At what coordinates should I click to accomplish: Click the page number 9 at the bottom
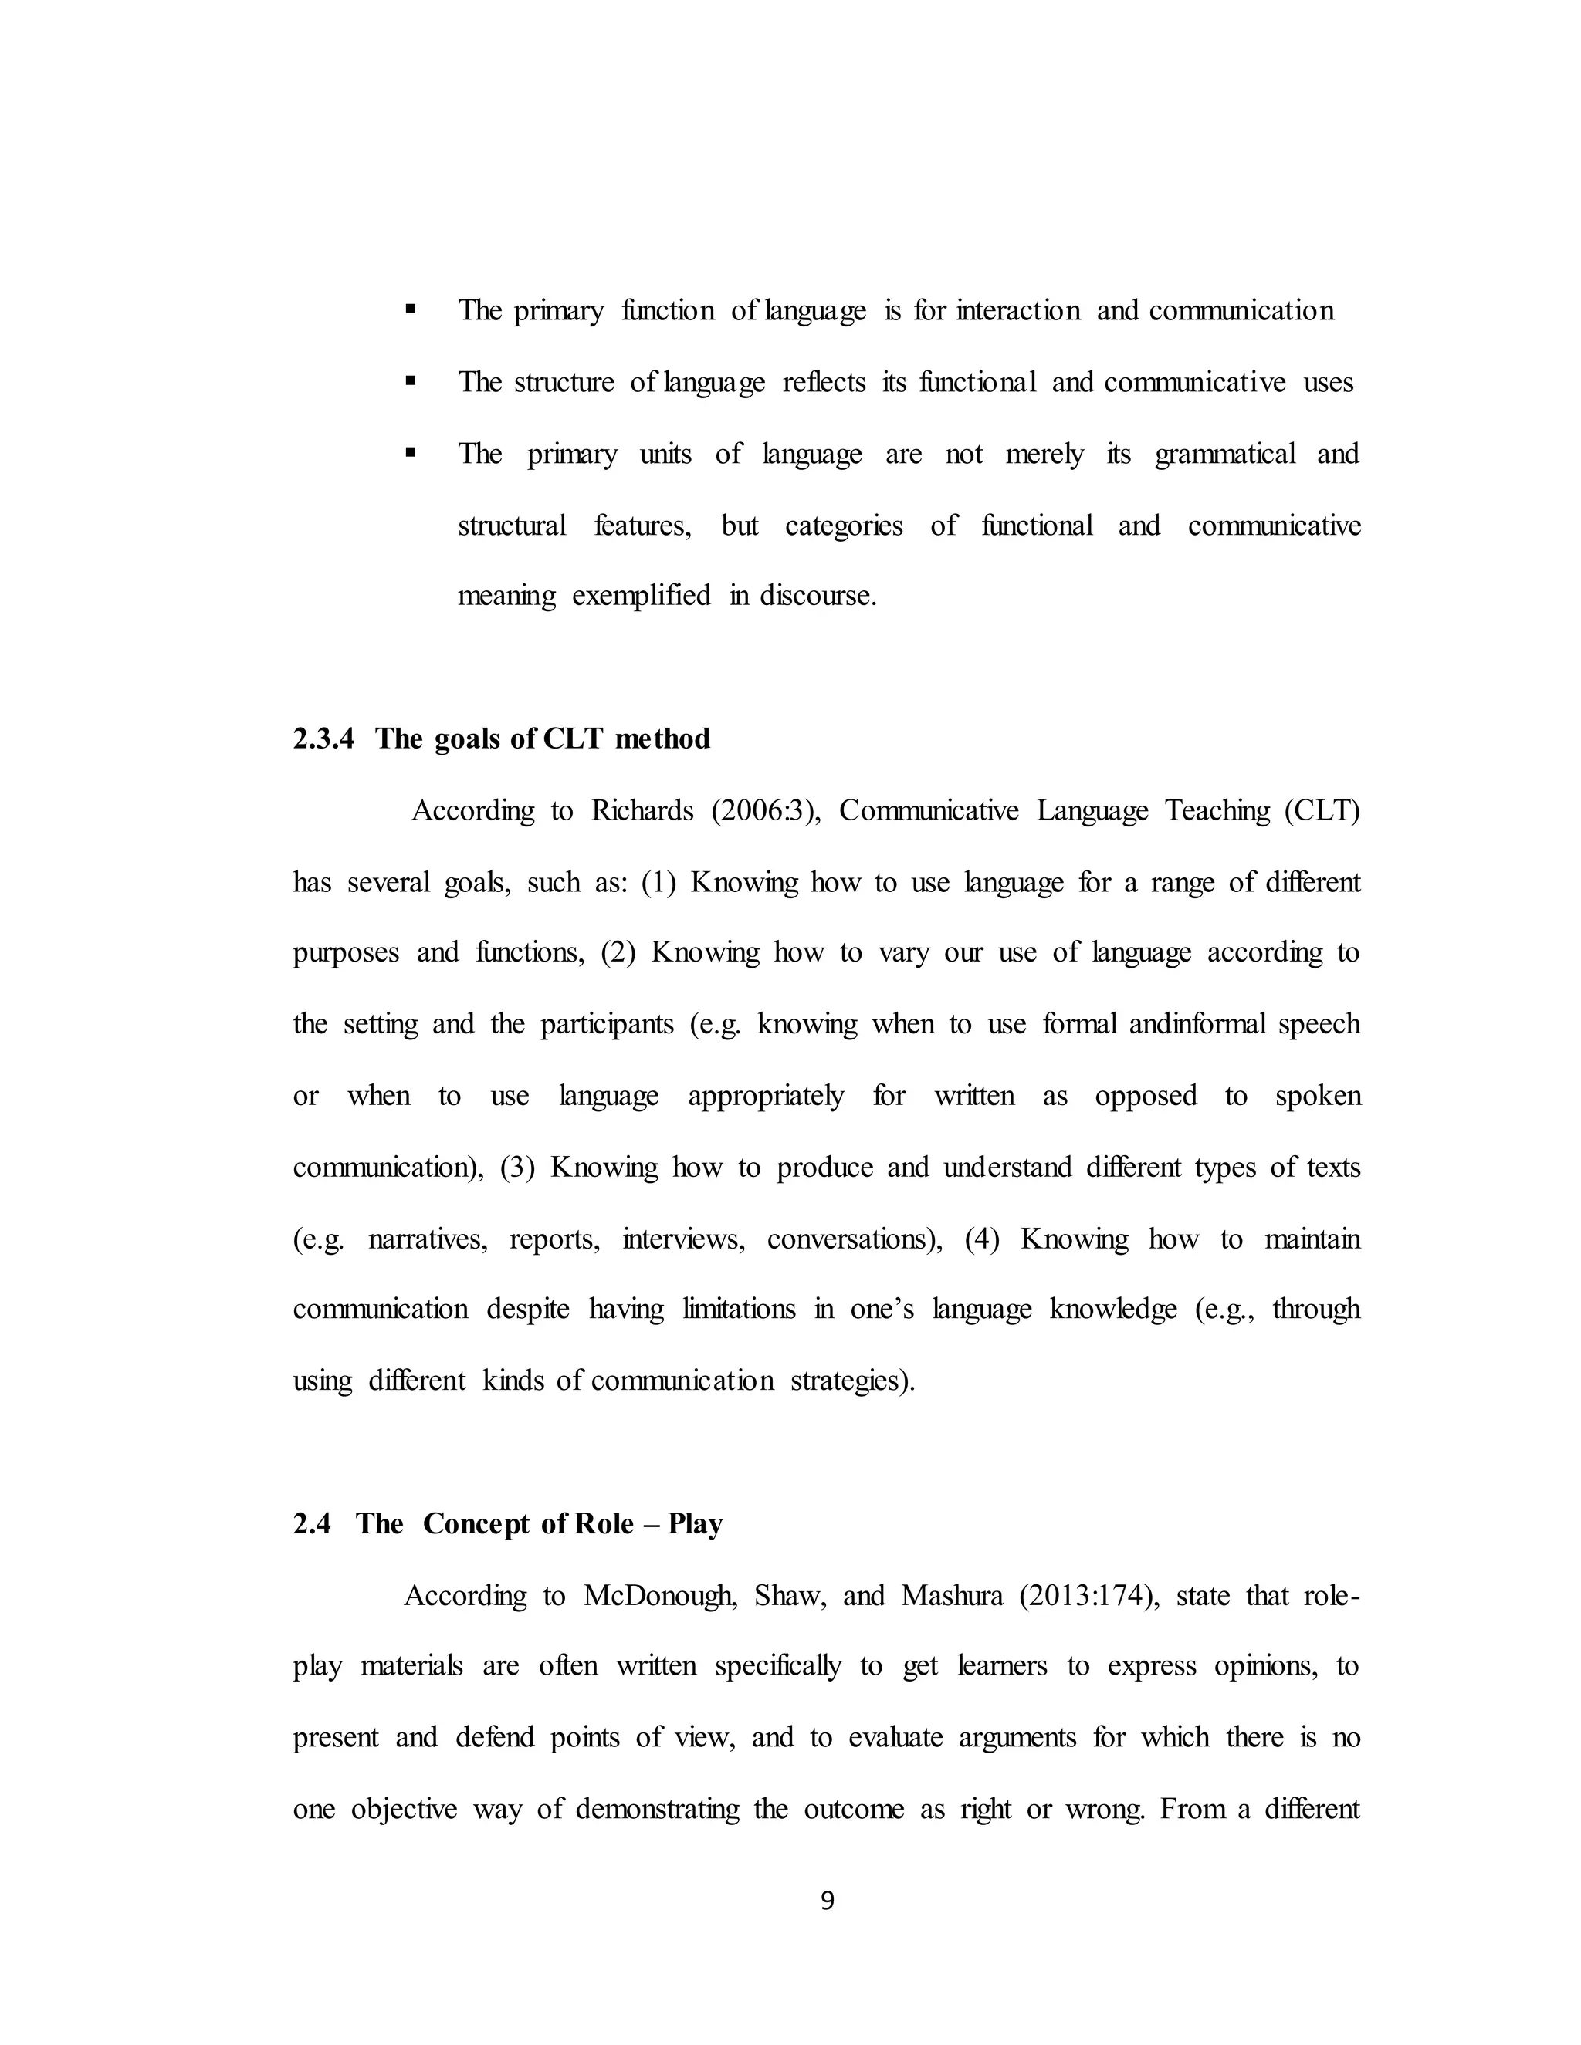pos(827,1901)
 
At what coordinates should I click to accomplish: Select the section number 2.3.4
pos(323,739)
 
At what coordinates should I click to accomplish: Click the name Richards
pos(642,810)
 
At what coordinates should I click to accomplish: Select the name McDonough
pos(655,1596)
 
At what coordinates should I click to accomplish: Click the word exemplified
pos(641,596)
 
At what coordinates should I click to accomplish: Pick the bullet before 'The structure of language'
pos(410,381)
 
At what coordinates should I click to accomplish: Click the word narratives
pos(428,1239)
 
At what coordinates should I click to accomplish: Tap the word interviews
pos(684,1239)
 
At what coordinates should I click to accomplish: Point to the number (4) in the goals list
pos(982,1239)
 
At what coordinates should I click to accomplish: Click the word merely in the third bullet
pos(1044,454)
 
